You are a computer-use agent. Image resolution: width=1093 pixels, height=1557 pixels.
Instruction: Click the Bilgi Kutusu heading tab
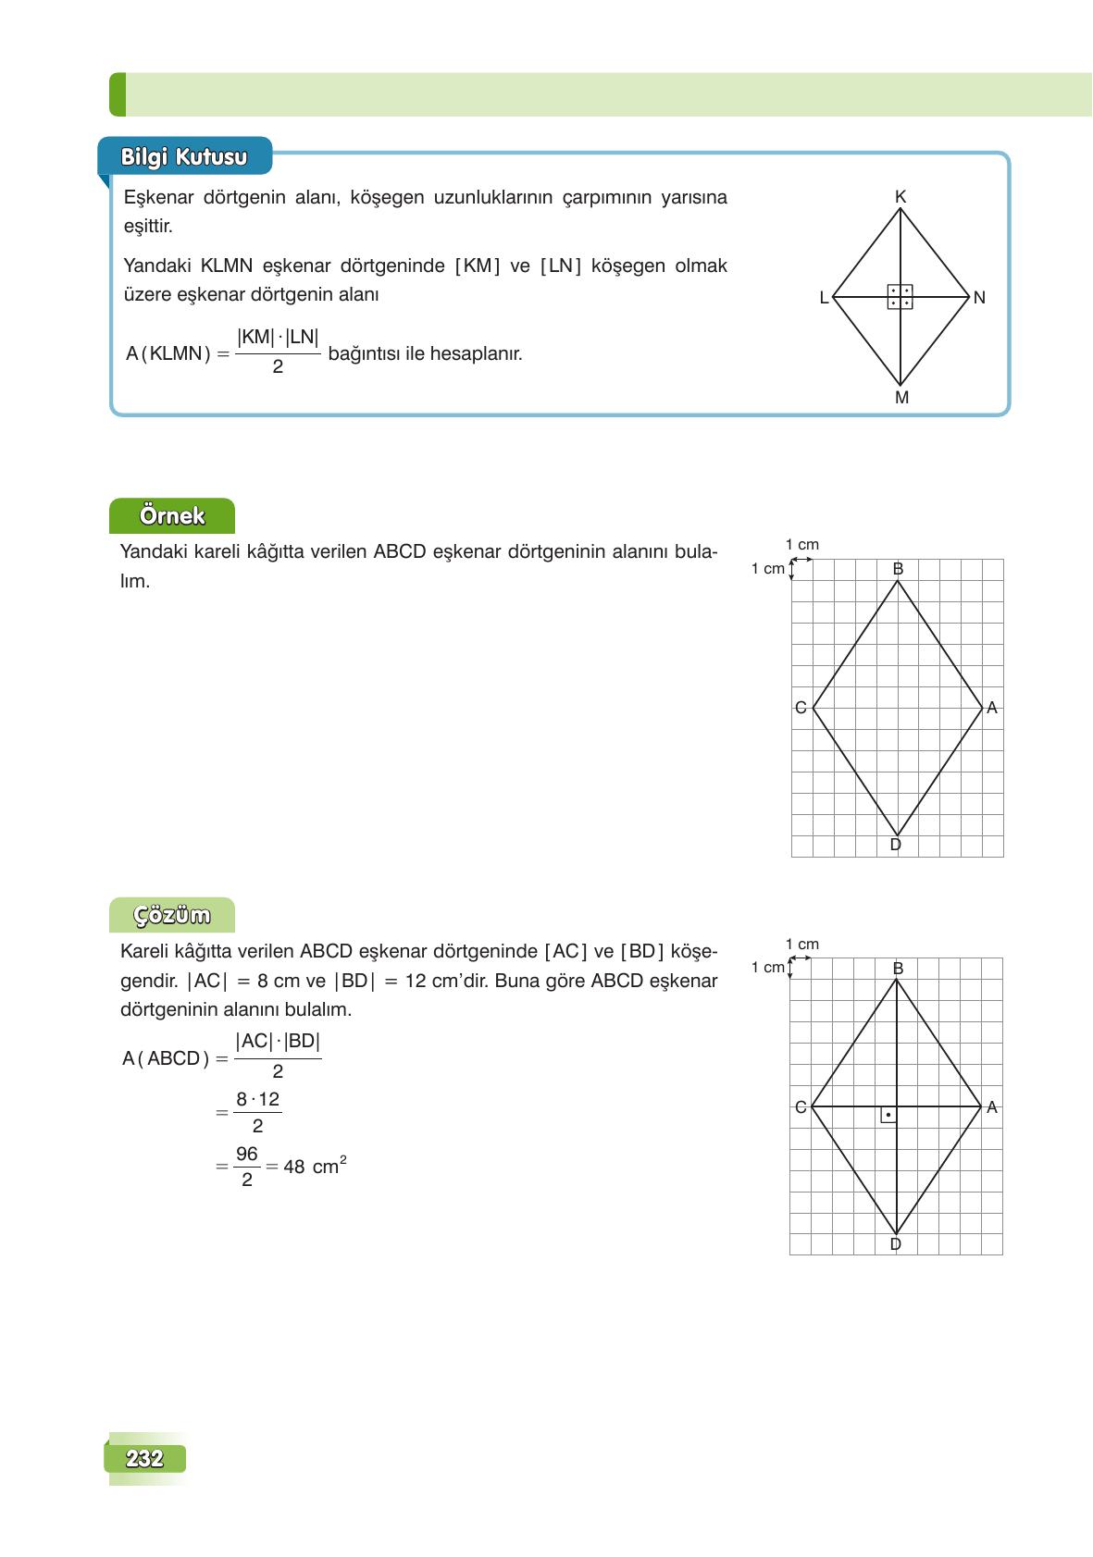(184, 157)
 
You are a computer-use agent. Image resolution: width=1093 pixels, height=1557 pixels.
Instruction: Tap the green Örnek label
(172, 515)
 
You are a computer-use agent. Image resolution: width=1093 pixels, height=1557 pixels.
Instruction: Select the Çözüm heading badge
(172, 915)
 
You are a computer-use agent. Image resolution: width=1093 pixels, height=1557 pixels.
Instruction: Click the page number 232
(144, 1459)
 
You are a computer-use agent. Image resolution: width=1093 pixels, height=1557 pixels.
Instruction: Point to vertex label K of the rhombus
(900, 196)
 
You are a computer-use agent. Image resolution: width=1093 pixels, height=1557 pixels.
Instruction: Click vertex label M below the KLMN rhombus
(901, 398)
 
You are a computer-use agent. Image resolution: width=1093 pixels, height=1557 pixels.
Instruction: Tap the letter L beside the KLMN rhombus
(824, 298)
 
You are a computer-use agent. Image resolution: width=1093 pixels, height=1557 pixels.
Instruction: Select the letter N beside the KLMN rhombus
(979, 298)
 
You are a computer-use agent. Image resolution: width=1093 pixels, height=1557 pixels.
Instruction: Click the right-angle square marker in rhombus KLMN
(900, 297)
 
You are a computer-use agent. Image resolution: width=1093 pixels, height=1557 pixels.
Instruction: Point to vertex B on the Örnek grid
(898, 570)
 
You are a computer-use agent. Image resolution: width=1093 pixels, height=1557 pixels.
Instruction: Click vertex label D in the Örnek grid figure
(895, 845)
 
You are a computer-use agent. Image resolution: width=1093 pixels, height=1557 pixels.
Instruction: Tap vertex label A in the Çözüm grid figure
(992, 1107)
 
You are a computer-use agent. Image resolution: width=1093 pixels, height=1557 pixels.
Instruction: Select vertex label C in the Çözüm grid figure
(801, 1107)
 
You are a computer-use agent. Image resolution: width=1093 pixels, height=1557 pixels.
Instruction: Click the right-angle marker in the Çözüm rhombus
(888, 1116)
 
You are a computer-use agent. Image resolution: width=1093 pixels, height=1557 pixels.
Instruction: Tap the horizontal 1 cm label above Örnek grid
(801, 545)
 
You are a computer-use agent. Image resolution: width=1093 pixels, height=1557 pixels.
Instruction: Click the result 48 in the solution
(294, 1168)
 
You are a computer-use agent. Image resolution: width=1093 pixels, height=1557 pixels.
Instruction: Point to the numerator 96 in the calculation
(247, 1154)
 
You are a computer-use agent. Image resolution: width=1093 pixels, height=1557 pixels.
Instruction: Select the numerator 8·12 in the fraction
(257, 1099)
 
